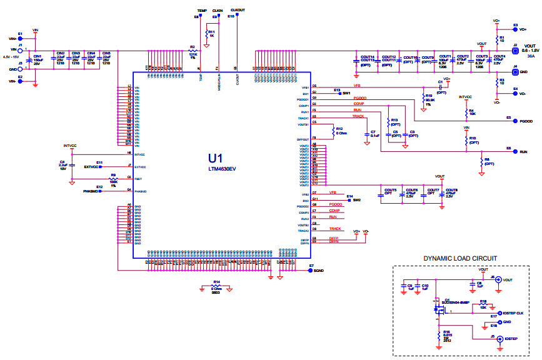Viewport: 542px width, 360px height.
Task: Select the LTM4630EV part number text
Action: click(x=222, y=169)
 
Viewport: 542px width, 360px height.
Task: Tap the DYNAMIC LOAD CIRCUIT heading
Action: click(x=460, y=258)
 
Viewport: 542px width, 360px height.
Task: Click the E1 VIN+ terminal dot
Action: click(x=20, y=38)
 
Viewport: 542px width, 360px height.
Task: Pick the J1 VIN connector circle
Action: click(x=20, y=50)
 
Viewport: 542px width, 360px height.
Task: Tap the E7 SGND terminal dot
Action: click(x=310, y=270)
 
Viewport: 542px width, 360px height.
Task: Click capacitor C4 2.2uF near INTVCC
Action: click(x=71, y=166)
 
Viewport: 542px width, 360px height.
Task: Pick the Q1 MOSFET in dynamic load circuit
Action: click(x=436, y=308)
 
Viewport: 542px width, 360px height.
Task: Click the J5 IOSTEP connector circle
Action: click(x=498, y=338)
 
